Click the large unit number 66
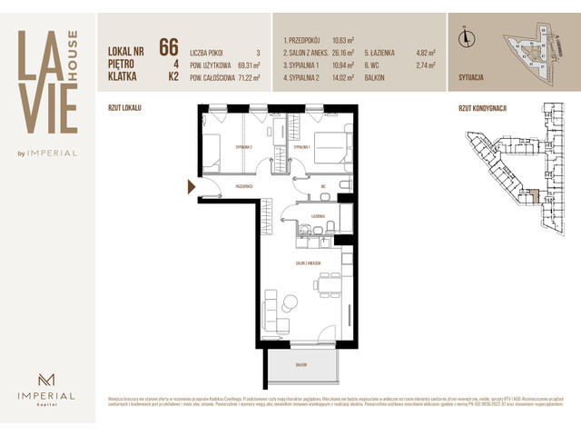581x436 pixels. coord(168,47)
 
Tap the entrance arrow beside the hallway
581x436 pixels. coord(191,186)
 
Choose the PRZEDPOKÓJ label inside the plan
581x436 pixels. coord(242,185)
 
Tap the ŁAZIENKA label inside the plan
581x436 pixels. coord(317,215)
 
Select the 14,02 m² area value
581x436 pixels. coord(343,79)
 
